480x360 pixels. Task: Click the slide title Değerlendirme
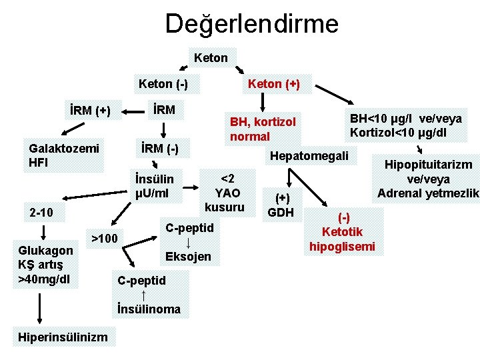[x=252, y=25]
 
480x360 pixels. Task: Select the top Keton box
[x=211, y=58]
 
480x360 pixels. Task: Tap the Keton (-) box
[x=163, y=84]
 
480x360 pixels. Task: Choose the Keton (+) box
[x=273, y=84]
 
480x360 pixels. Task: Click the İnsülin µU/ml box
[x=155, y=187]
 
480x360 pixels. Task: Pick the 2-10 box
[x=42, y=213]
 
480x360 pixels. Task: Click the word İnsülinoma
[x=149, y=309]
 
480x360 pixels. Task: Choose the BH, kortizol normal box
[x=262, y=129]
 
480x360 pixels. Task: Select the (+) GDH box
[x=284, y=205]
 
